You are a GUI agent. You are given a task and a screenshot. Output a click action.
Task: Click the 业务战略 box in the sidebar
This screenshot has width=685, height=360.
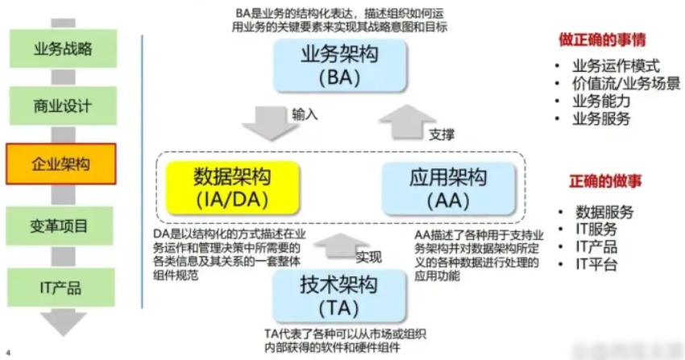point(62,48)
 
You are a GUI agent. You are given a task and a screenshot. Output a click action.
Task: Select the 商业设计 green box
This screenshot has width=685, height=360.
point(62,106)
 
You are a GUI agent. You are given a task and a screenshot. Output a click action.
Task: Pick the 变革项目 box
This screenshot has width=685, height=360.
point(62,225)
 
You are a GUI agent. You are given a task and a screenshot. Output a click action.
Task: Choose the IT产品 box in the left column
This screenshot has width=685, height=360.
point(62,288)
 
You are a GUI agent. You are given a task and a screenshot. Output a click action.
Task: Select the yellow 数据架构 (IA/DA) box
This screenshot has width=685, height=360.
point(232,188)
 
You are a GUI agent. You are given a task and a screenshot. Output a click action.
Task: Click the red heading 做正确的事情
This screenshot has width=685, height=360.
point(603,39)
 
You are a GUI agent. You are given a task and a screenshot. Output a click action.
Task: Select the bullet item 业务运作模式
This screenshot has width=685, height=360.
point(616,66)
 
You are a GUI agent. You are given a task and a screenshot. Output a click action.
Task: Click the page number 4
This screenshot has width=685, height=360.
point(8,353)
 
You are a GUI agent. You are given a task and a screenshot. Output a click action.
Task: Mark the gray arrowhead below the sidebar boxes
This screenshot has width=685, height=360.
point(62,323)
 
